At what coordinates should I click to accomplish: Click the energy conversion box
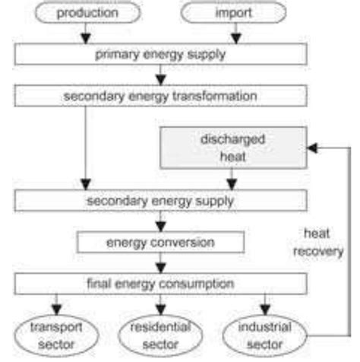click(x=160, y=243)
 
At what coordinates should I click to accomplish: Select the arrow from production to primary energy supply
click(x=87, y=34)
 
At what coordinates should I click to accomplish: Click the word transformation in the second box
click(x=215, y=97)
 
